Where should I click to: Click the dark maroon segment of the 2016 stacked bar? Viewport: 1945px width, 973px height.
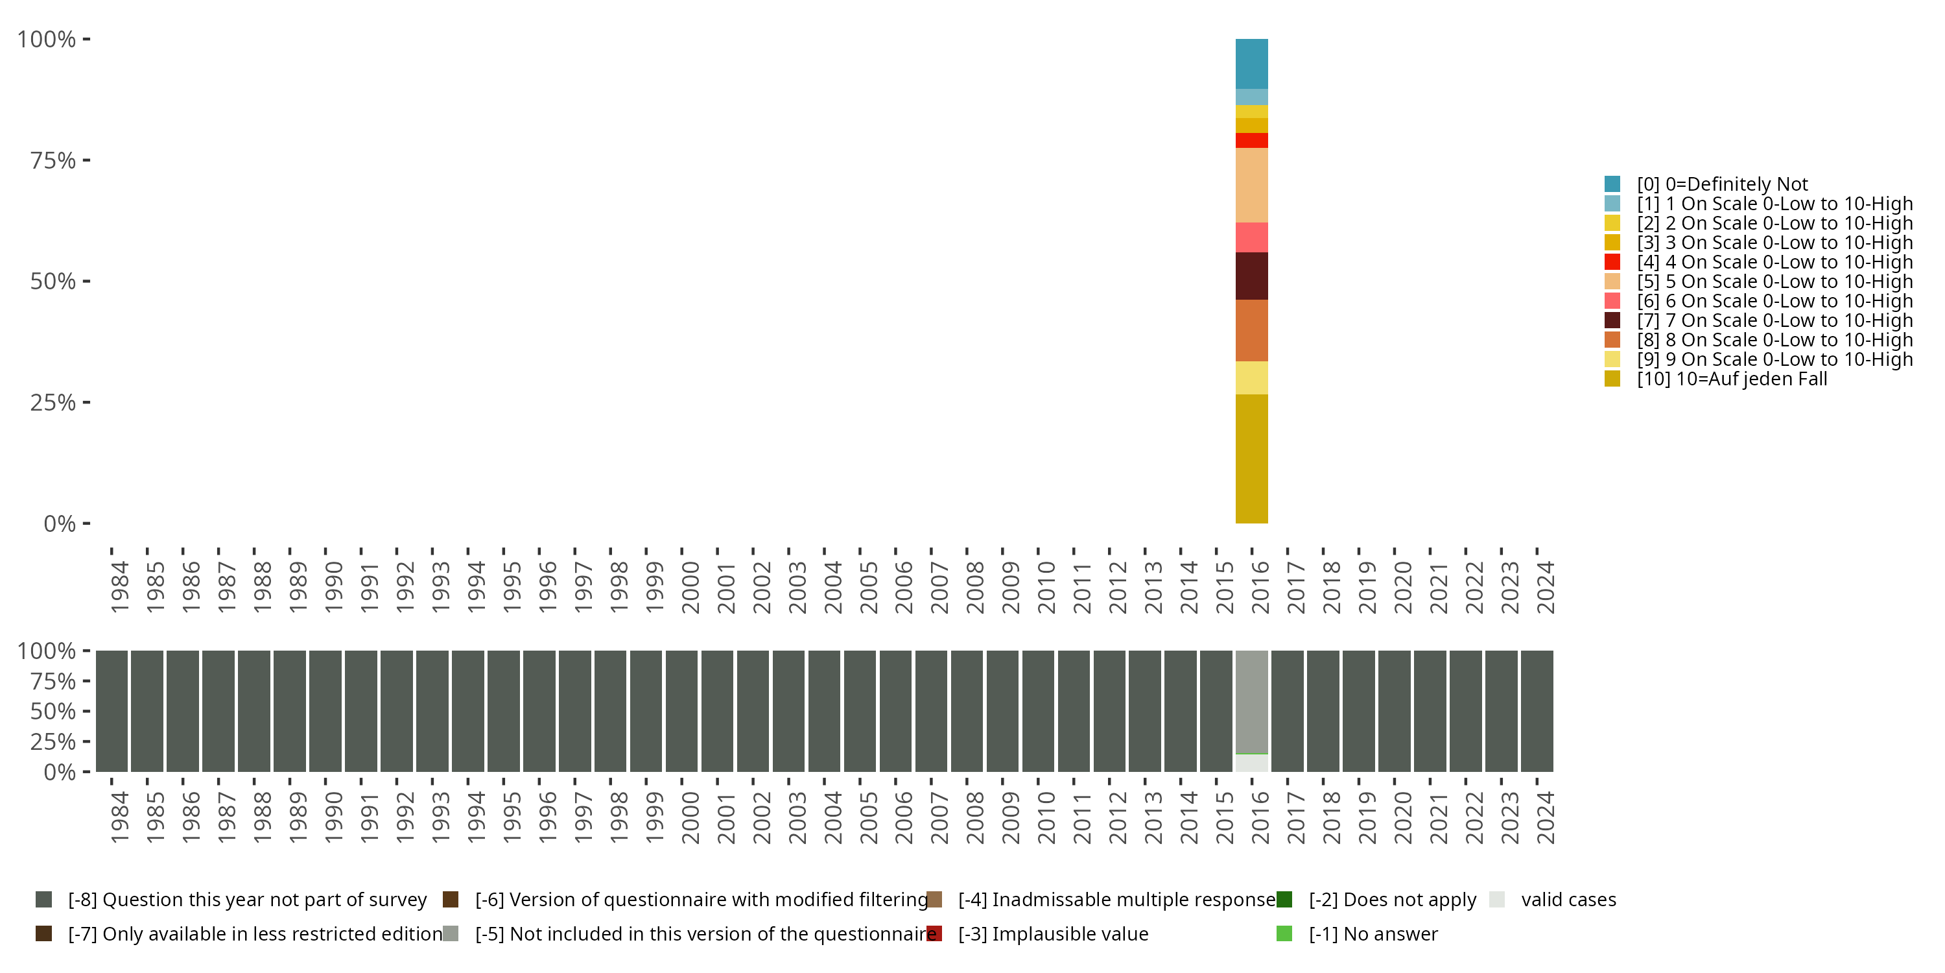pyautogui.click(x=1251, y=276)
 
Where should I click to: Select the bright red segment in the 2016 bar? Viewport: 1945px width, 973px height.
pyautogui.click(x=1251, y=141)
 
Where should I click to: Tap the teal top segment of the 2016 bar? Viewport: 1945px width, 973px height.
pyautogui.click(x=1251, y=64)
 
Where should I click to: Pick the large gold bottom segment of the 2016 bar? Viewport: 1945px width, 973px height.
pyautogui.click(x=1251, y=459)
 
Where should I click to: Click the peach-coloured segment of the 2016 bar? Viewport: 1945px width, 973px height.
pyautogui.click(x=1251, y=185)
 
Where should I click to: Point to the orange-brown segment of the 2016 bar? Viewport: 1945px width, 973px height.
pyautogui.click(x=1251, y=330)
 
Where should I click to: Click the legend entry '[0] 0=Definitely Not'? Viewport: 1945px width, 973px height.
pyautogui.click(x=1721, y=184)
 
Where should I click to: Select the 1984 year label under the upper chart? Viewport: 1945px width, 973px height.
pyautogui.click(x=119, y=587)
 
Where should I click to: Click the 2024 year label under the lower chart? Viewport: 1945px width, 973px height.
pyautogui.click(x=1546, y=817)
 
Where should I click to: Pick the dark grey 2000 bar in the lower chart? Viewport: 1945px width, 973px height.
pyautogui.click(x=681, y=711)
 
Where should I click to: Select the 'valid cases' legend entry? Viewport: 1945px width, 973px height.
pyautogui.click(x=1568, y=900)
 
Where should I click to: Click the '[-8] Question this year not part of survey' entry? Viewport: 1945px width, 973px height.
pyautogui.click(x=247, y=900)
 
